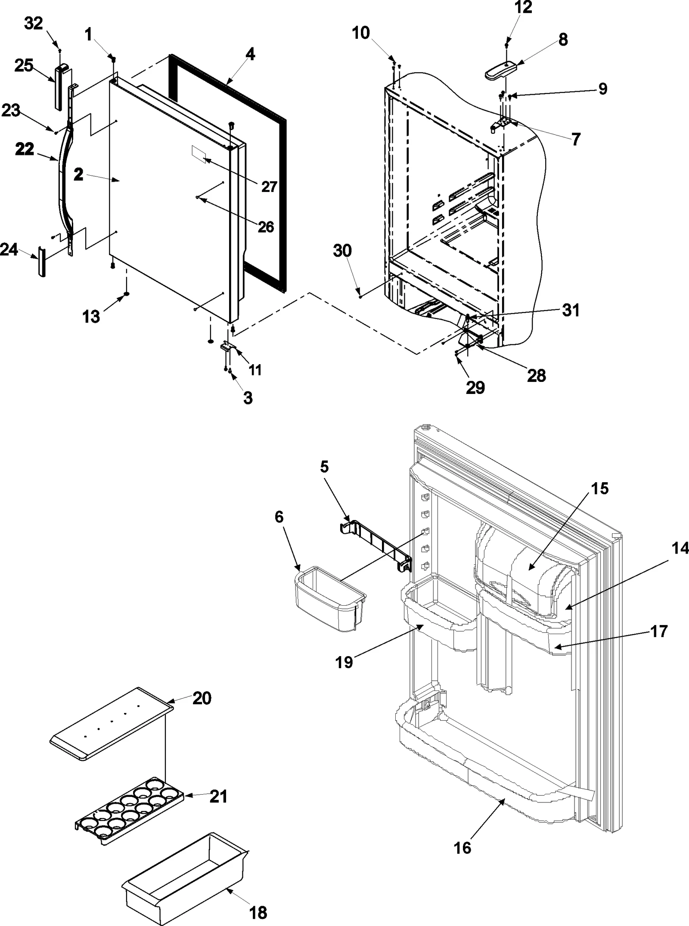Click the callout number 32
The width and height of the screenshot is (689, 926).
[x=33, y=23]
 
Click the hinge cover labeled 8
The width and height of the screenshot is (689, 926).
[x=500, y=70]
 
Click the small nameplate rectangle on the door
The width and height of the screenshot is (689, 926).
[x=199, y=154]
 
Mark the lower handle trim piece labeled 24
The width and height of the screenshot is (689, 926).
[x=42, y=262]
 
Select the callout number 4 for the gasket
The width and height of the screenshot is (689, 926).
[x=250, y=54]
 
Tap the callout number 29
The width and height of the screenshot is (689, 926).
[x=475, y=387]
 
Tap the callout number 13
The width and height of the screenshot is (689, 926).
[x=91, y=316]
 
